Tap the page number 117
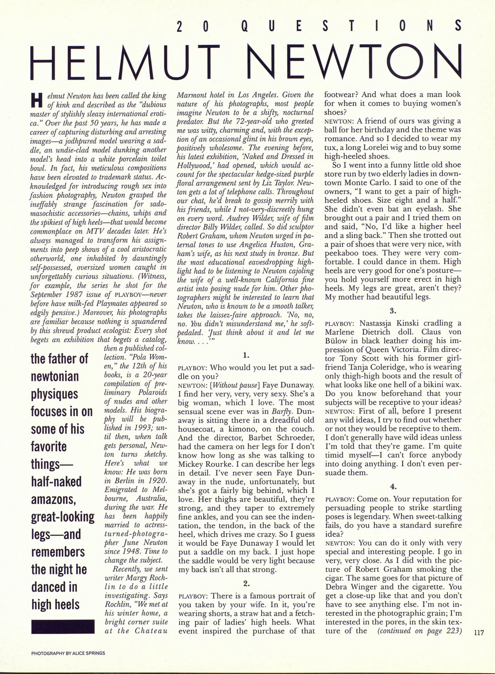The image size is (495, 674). coord(479,633)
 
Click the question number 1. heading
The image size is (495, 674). coord(246,356)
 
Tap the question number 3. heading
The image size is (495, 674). coord(393,311)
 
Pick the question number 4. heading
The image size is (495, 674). coord(393,487)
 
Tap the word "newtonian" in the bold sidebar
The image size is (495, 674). coord(55,376)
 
